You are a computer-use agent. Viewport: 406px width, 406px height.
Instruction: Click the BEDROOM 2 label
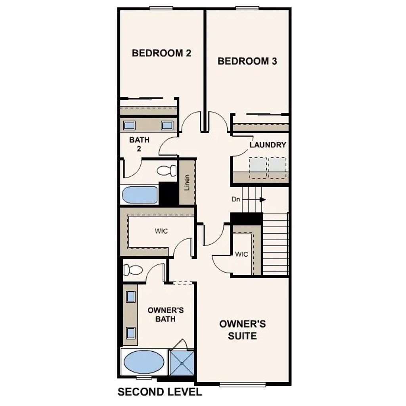pos(161,53)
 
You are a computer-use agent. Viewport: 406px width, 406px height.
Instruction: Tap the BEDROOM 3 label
pos(247,61)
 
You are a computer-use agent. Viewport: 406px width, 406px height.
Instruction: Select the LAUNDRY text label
pos(268,145)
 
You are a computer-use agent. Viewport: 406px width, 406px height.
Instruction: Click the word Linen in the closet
pos(187,182)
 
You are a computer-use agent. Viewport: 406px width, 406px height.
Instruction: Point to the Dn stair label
pos(236,199)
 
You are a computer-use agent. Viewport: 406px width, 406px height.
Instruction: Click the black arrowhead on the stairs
pos(262,199)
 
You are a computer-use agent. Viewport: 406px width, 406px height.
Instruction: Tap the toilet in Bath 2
pos(167,170)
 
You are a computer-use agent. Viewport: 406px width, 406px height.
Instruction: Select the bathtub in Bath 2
pos(140,195)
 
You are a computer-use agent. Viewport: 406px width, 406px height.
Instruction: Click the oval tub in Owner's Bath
pos(144,362)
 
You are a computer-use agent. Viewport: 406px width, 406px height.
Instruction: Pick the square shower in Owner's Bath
pos(182,362)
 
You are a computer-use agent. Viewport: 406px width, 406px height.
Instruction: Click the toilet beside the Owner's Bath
pos(133,270)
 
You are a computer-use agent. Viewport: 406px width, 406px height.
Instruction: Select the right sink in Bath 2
pos(167,126)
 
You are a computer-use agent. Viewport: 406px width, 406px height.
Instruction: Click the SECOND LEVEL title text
pos(160,392)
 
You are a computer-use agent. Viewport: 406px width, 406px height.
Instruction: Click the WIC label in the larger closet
pos(161,231)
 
